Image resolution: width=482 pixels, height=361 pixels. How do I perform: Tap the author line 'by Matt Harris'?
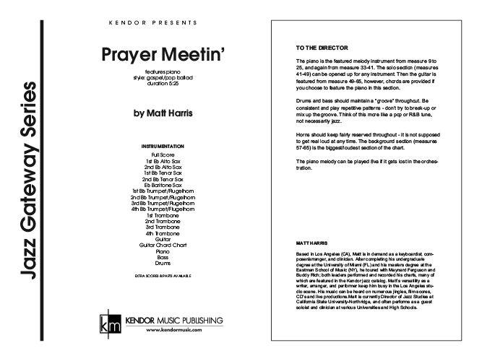163,113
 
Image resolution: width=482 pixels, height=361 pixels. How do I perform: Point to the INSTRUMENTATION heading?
163,147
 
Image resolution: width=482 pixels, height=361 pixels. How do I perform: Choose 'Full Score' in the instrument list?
163,155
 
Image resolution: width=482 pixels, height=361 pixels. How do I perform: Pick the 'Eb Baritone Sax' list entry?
163,185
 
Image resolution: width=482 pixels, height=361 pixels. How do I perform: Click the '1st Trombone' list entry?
163,215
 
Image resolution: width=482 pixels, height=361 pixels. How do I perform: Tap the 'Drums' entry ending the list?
163,264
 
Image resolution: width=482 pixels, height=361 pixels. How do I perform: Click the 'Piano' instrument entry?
163,251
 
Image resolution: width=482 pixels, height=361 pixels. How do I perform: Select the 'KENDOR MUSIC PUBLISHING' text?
173,320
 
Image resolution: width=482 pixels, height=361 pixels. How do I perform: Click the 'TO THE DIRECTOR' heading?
312,48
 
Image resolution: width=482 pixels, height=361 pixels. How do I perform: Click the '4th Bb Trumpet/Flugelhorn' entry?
163,209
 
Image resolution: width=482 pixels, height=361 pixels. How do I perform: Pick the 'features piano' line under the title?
163,74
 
